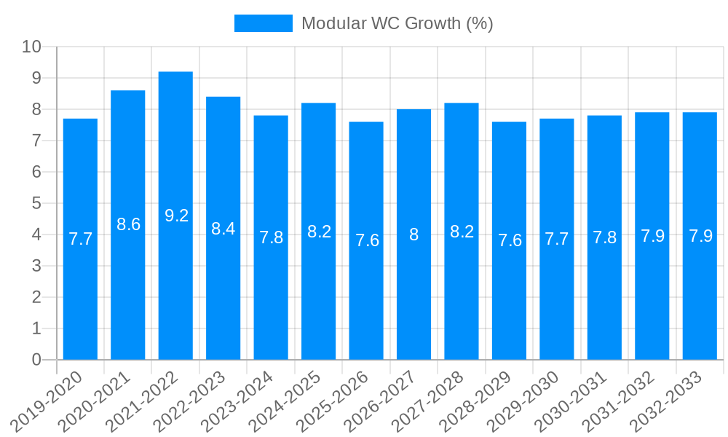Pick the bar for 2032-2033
point(700,236)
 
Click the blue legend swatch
point(263,23)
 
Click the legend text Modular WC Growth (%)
point(397,23)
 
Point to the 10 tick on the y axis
point(32,47)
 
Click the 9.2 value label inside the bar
point(176,216)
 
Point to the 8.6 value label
point(128,224)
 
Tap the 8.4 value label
point(223,229)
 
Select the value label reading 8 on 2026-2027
point(414,235)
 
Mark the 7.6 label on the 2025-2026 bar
point(366,240)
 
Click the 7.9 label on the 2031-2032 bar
point(652,236)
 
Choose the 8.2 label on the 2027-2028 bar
point(462,232)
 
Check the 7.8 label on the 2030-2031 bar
point(604,237)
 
